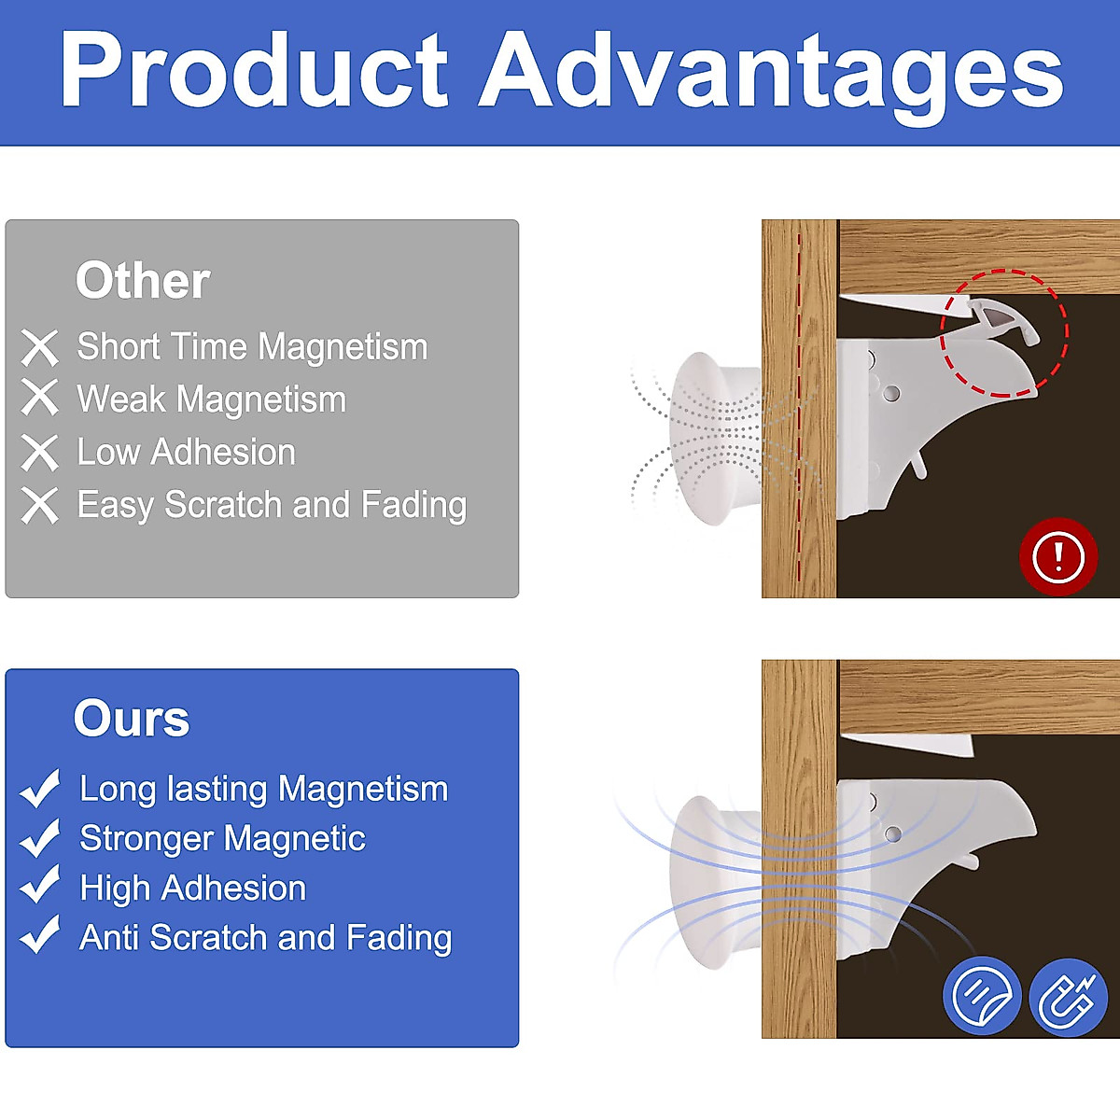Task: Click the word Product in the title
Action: pyautogui.click(x=254, y=70)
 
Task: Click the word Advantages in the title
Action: pyautogui.click(x=771, y=77)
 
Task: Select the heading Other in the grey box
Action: pyautogui.click(x=143, y=281)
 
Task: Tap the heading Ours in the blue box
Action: pyautogui.click(x=132, y=719)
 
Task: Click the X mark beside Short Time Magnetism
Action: pyautogui.click(x=39, y=347)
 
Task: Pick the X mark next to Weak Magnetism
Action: pyautogui.click(x=39, y=398)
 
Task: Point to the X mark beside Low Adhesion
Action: pyautogui.click(x=39, y=452)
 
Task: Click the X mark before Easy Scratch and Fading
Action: pyautogui.click(x=39, y=506)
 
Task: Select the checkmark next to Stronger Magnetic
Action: pyautogui.click(x=39, y=838)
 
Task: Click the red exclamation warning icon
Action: pyautogui.click(x=1058, y=556)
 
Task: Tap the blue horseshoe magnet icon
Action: pyautogui.click(x=1069, y=998)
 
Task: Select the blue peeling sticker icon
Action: pyautogui.click(x=982, y=995)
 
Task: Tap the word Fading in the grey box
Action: pyautogui.click(x=413, y=505)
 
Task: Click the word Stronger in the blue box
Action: pyautogui.click(x=147, y=839)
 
